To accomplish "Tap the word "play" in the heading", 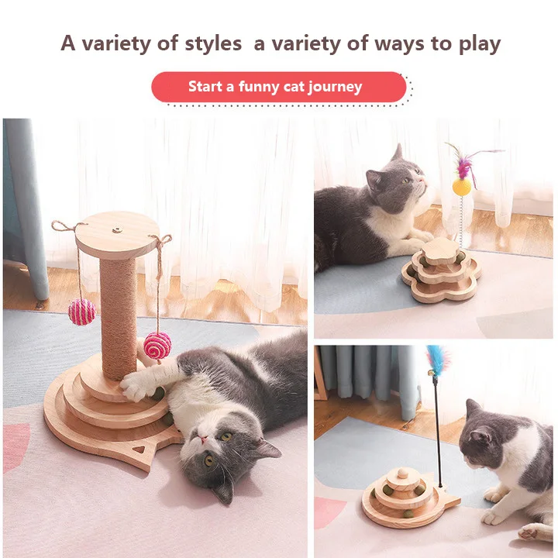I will (480, 44).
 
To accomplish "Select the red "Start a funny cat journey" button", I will (278, 87).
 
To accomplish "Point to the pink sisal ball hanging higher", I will (81, 312).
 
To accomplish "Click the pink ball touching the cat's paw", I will (157, 345).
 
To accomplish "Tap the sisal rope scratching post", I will (119, 310).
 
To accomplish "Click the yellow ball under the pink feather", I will (462, 187).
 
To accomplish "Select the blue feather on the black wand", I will (437, 360).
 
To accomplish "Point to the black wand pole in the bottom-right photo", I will (438, 434).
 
